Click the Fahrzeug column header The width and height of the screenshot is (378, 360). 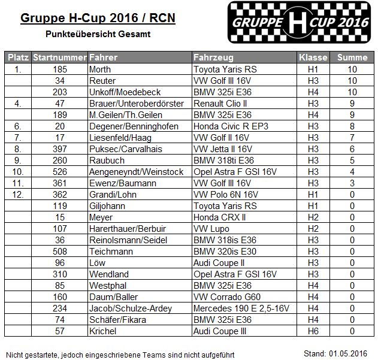210,58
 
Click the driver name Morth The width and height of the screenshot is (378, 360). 99,69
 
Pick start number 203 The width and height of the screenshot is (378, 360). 59,92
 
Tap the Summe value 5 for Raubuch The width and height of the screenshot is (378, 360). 352,161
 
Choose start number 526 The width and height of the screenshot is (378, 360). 59,172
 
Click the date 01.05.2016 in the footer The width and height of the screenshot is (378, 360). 353,352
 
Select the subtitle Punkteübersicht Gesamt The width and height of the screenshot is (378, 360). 98,34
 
